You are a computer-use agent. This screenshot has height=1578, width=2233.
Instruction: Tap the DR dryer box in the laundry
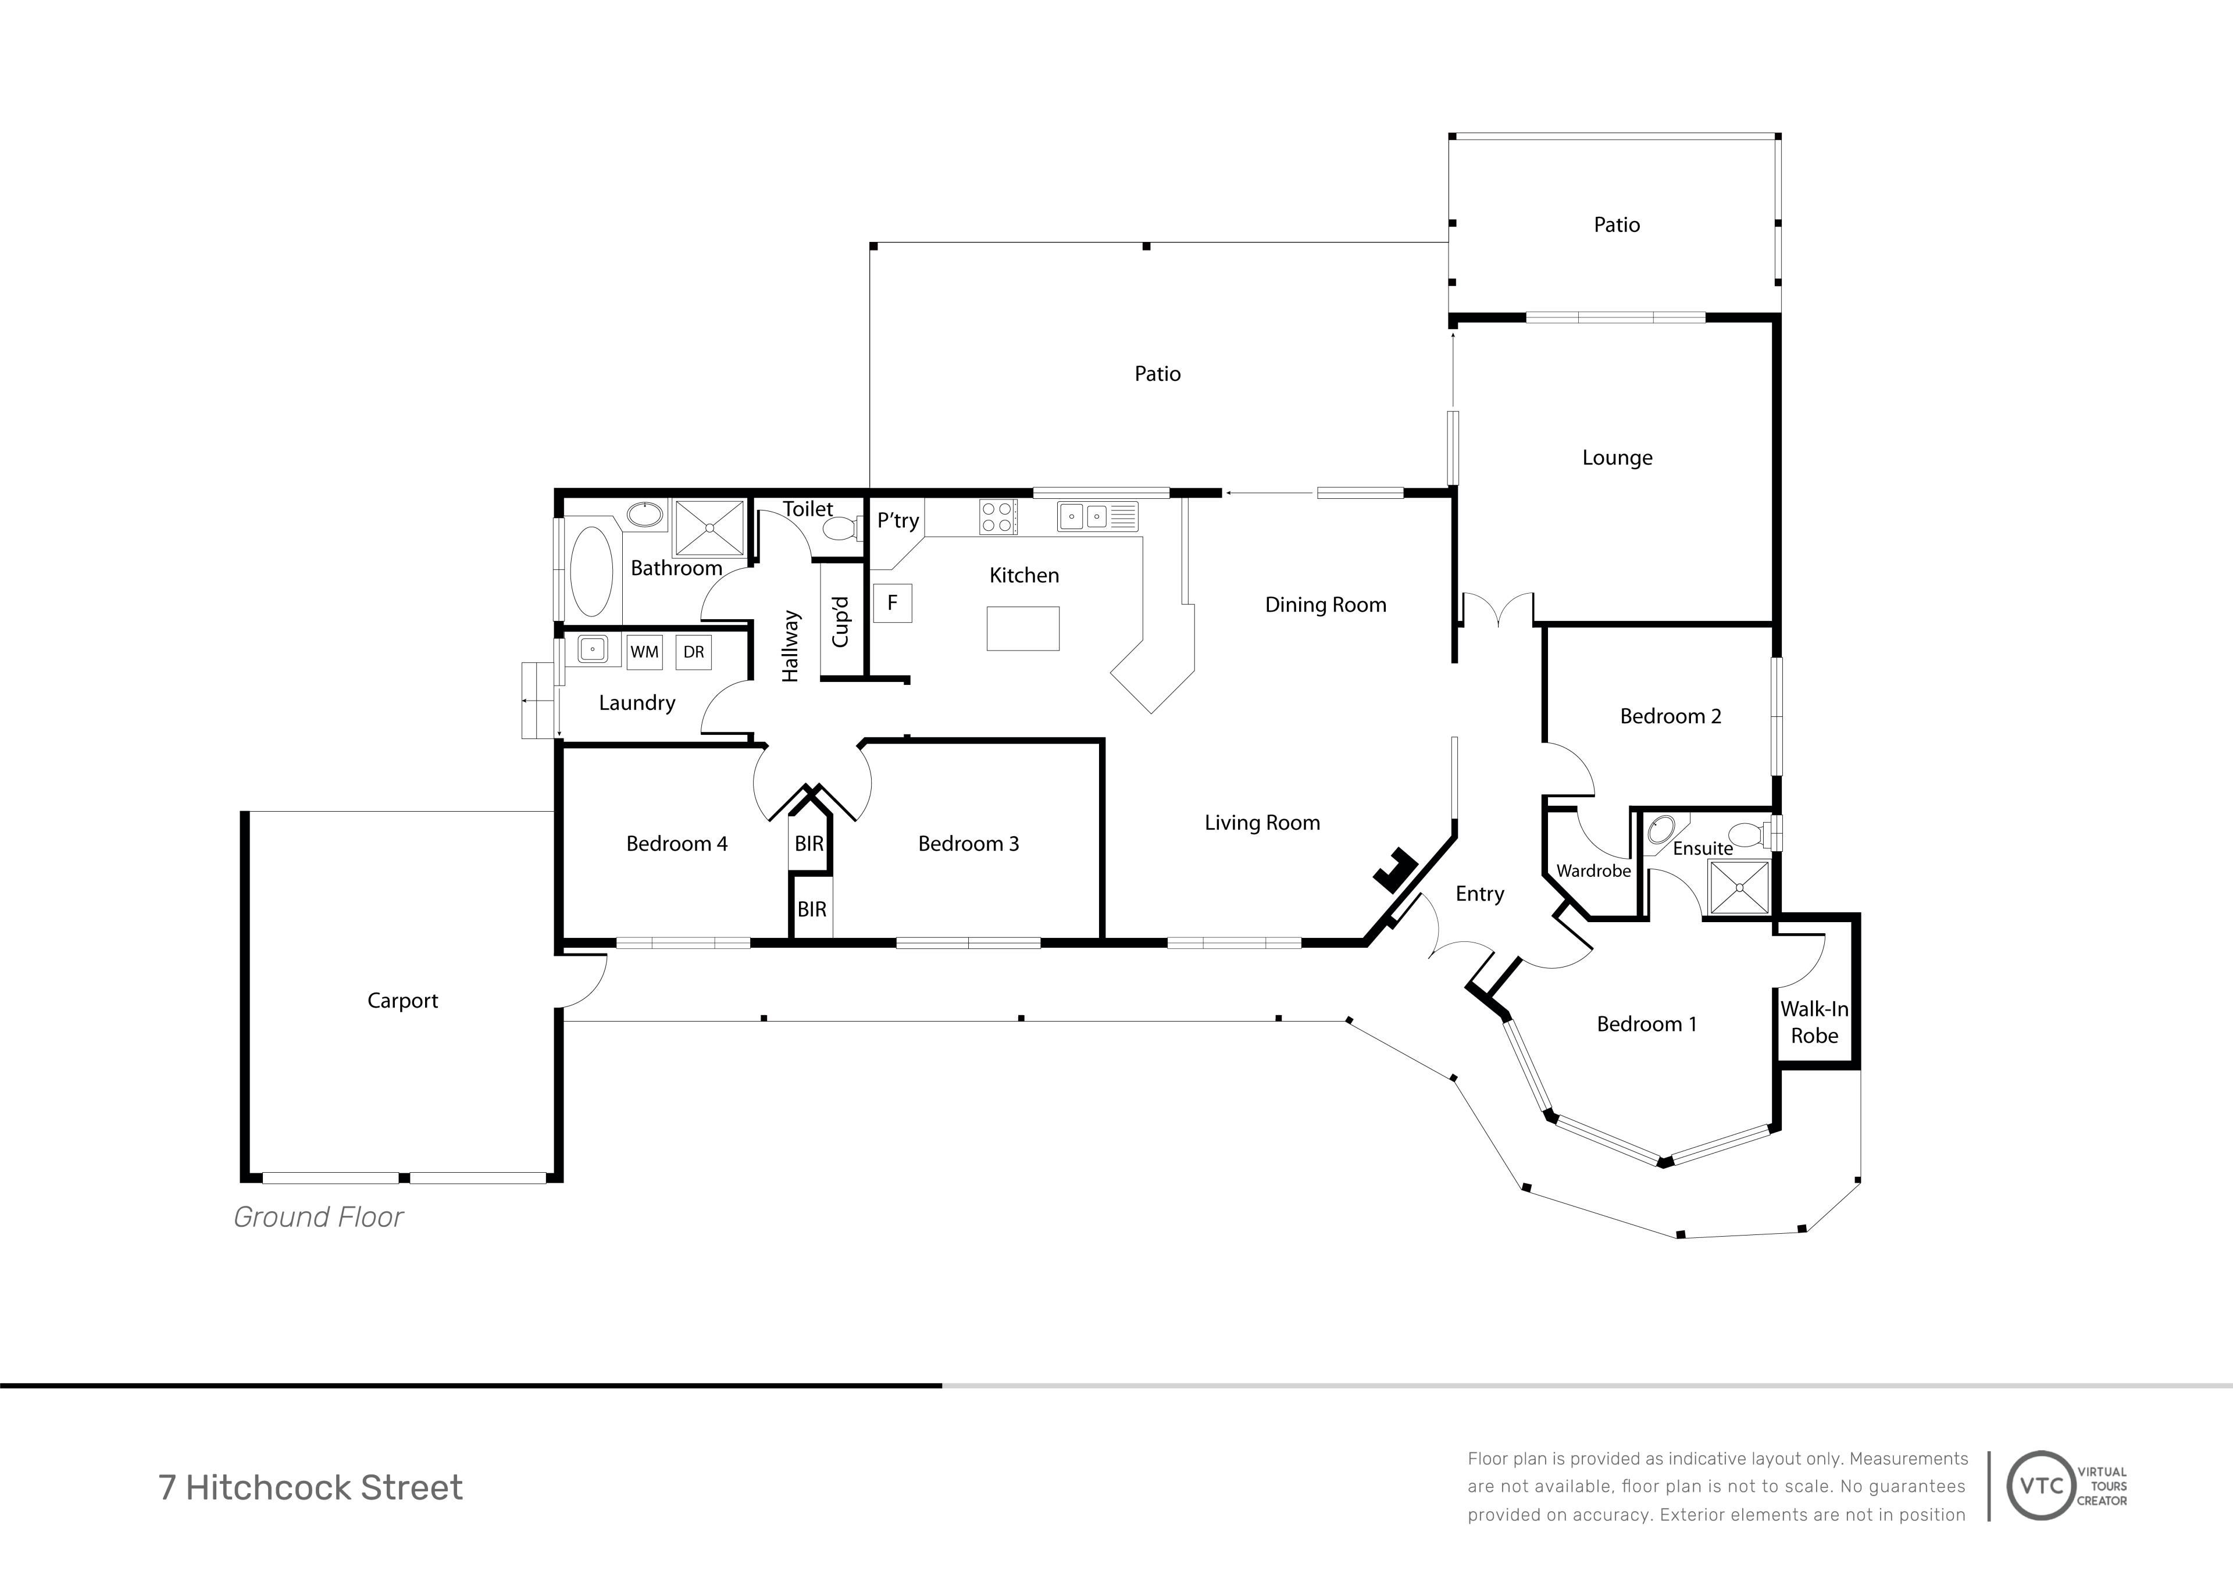(x=693, y=652)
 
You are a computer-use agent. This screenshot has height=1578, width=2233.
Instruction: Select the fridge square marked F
(x=892, y=603)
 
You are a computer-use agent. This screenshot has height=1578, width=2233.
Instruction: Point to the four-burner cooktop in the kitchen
(x=998, y=516)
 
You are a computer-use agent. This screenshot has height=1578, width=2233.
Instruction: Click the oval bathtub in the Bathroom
(x=590, y=572)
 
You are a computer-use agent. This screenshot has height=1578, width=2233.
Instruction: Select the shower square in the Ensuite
(x=1740, y=887)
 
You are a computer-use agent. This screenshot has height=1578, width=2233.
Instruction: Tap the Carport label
(x=402, y=1001)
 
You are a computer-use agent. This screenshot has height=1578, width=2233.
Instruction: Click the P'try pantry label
(x=898, y=520)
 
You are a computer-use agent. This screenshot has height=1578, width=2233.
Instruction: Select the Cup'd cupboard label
(x=840, y=622)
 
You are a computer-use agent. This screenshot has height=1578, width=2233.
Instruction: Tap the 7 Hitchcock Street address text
(x=311, y=1487)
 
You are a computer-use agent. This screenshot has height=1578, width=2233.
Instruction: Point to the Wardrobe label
(x=1593, y=871)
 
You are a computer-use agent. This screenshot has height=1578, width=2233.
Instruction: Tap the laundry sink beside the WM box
(x=593, y=649)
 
